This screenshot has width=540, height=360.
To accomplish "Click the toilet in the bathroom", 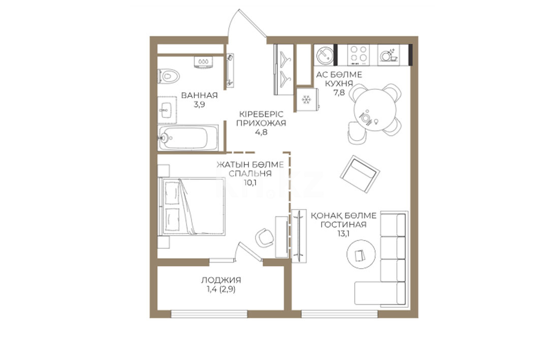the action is click(x=169, y=76).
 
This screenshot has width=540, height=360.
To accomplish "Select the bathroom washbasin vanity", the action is click(x=167, y=110).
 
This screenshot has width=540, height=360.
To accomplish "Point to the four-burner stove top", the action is click(x=358, y=55).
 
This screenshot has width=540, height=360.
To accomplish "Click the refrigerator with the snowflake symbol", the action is click(x=306, y=100).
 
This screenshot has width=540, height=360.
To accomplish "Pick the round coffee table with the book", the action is click(x=361, y=254).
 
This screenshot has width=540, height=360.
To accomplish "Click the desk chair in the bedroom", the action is click(x=265, y=237).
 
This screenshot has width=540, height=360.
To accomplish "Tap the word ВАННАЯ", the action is click(x=200, y=95).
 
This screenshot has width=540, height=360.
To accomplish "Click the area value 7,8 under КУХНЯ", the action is click(x=339, y=92).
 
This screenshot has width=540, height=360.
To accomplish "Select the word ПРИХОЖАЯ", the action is click(x=261, y=123).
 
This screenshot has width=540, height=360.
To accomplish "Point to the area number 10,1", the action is click(x=250, y=182).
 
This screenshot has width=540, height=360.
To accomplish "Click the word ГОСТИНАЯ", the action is click(x=343, y=224).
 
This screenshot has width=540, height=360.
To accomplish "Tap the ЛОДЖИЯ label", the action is click(x=221, y=280).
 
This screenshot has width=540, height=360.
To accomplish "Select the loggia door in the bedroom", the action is click(x=250, y=252).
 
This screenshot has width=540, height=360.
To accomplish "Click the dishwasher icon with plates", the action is click(x=388, y=55).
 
